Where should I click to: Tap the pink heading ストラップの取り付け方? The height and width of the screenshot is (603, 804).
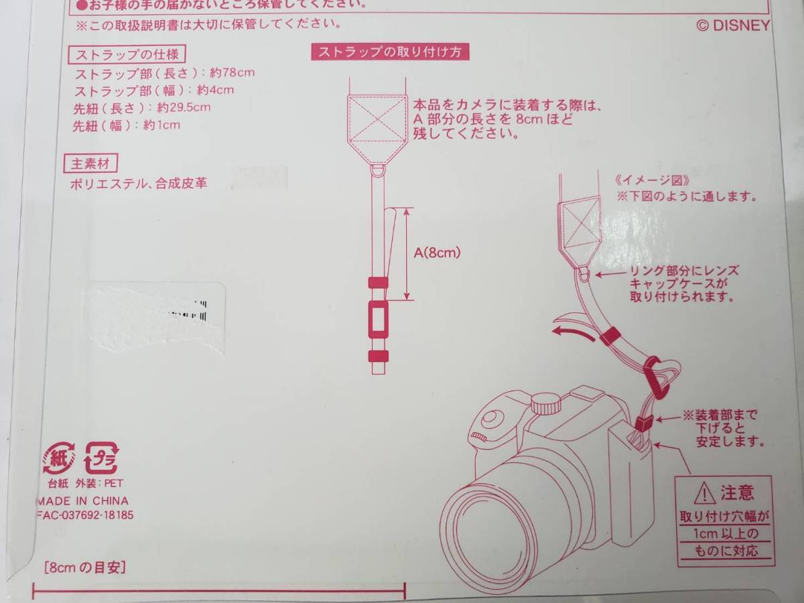point(389,52)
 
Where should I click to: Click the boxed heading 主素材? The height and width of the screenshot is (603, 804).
point(90,162)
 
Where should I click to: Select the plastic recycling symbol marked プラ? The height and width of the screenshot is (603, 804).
point(100,459)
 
